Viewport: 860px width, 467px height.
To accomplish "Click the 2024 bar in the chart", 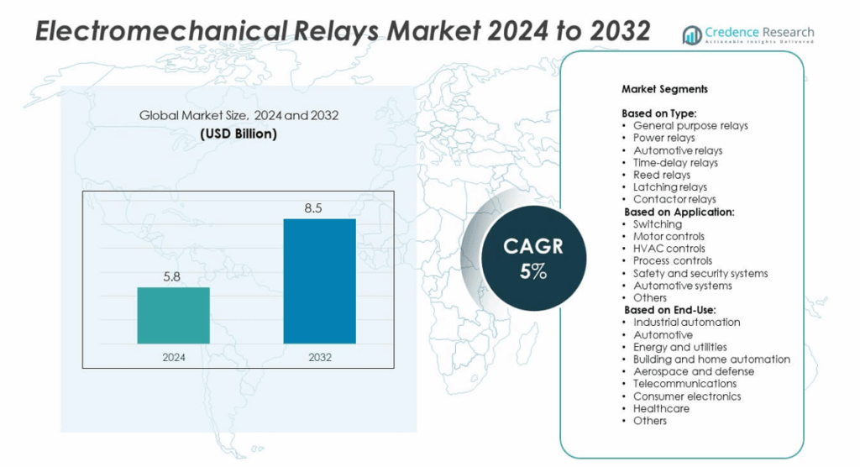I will pos(173,315).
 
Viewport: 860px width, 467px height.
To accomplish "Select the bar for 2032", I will pos(319,281).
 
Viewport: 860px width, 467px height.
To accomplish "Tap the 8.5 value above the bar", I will pos(313,207).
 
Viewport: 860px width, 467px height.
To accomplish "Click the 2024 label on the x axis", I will pos(174,357).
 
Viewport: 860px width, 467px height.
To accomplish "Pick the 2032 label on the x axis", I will pos(320,357).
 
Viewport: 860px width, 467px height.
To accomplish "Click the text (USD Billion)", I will pos(239,134).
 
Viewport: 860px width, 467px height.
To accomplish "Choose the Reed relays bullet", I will pos(662,175).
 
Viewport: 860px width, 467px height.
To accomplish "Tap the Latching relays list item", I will pos(670,187).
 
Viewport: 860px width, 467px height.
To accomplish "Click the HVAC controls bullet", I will pos(669,249).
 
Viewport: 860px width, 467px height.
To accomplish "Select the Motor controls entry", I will pos(669,236).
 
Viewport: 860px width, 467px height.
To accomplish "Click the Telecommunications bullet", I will pos(684,384).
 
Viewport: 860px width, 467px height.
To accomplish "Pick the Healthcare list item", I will pos(661,408).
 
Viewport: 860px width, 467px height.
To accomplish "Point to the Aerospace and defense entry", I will pos(694,371).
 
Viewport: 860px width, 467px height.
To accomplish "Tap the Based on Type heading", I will pos(659,113).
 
